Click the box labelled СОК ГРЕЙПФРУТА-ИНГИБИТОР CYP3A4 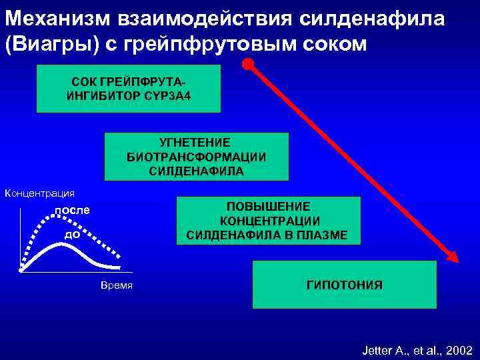point(128,88)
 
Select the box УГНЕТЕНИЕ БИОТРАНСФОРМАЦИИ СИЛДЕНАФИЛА point(196,157)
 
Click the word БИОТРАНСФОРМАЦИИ point(196,157)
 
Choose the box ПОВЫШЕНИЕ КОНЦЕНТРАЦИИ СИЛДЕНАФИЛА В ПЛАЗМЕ point(267,221)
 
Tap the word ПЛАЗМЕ point(323,235)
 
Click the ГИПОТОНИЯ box point(344,285)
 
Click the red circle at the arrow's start point(248,65)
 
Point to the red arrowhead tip point(457,261)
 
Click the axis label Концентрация point(39,193)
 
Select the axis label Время point(117,285)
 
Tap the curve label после point(71,210)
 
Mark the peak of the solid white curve point(61,245)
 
